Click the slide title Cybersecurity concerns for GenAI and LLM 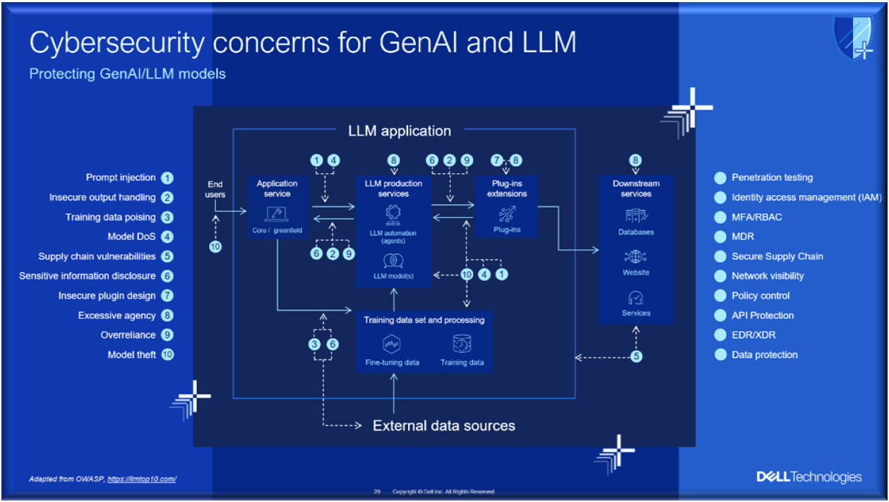[x=302, y=42]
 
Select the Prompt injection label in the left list [x=121, y=178]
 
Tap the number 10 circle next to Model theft [x=167, y=354]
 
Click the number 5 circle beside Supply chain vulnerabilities [x=167, y=256]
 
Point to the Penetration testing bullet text [x=772, y=178]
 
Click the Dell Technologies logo [x=809, y=477]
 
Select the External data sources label [x=443, y=426]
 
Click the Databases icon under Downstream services [x=636, y=215]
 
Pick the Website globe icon [x=636, y=256]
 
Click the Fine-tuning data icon [x=392, y=345]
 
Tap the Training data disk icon [x=462, y=344]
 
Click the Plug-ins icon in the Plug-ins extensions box [x=507, y=214]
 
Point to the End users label [x=216, y=189]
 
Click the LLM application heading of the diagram [x=399, y=131]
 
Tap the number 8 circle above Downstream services [x=636, y=160]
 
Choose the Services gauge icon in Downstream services [x=636, y=297]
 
